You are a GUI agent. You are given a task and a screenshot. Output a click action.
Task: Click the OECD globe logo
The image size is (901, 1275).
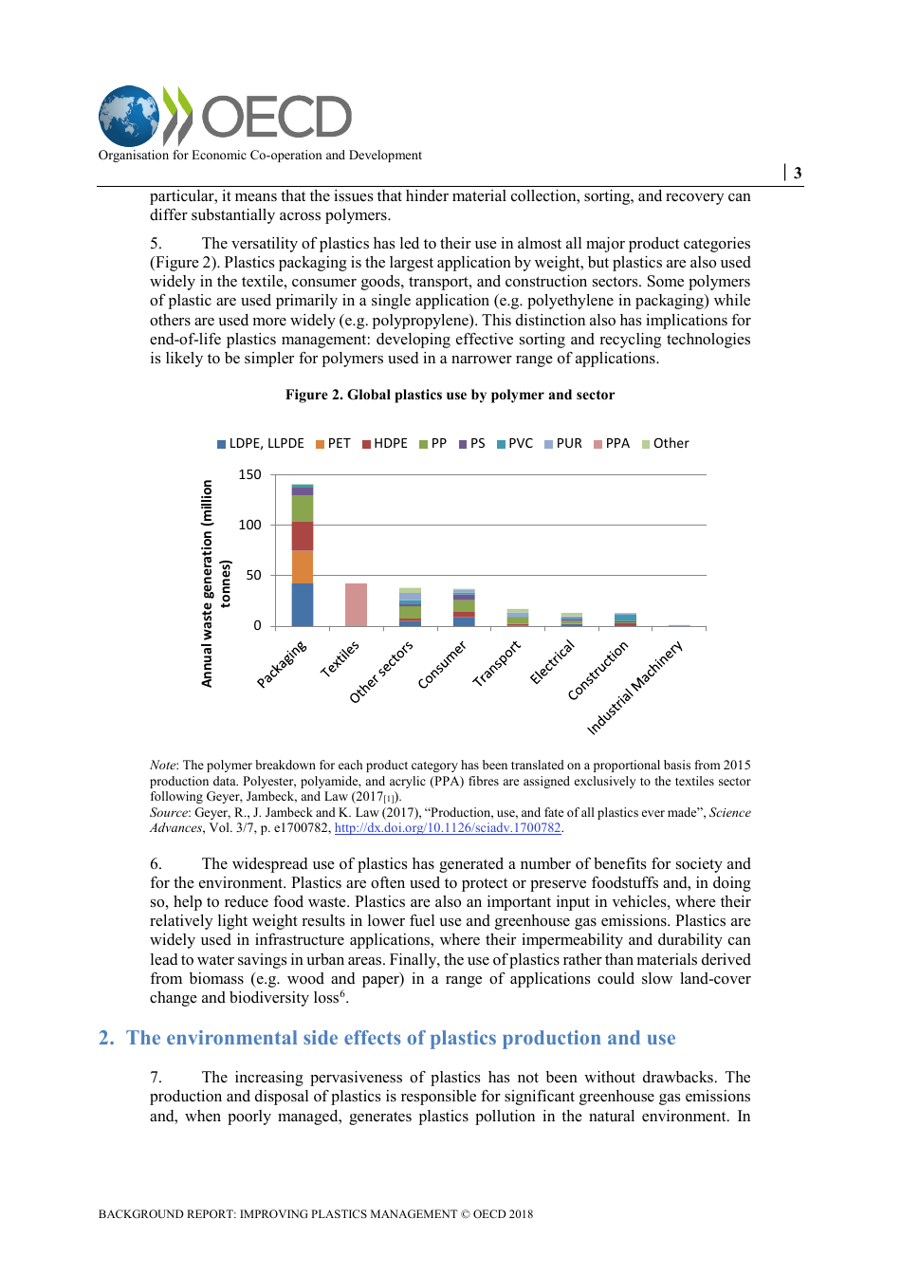130,117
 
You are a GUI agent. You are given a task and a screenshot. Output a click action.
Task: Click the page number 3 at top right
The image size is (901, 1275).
798,173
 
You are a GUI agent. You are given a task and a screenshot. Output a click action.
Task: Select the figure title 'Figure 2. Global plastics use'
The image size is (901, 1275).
450,395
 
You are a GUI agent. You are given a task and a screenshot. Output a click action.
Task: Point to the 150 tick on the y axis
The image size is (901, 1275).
249,474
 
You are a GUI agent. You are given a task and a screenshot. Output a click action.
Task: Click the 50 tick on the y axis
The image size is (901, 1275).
253,575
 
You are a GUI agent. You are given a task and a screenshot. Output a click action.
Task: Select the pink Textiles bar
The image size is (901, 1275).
356,604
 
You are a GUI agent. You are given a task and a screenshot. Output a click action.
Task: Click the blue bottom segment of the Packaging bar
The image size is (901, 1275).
303,604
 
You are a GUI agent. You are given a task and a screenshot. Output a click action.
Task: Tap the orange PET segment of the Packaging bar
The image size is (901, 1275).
303,567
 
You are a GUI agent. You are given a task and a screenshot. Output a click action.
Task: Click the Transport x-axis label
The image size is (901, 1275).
498,663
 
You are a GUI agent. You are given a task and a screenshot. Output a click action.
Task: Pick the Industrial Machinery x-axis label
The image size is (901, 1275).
634,688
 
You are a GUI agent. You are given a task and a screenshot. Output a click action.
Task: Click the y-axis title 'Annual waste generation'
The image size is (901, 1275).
207,582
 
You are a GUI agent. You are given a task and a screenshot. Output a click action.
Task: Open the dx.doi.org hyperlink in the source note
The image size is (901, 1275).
448,828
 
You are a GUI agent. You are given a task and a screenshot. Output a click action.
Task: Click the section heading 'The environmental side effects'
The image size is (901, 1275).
400,1038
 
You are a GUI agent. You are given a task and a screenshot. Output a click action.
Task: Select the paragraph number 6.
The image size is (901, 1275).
156,863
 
